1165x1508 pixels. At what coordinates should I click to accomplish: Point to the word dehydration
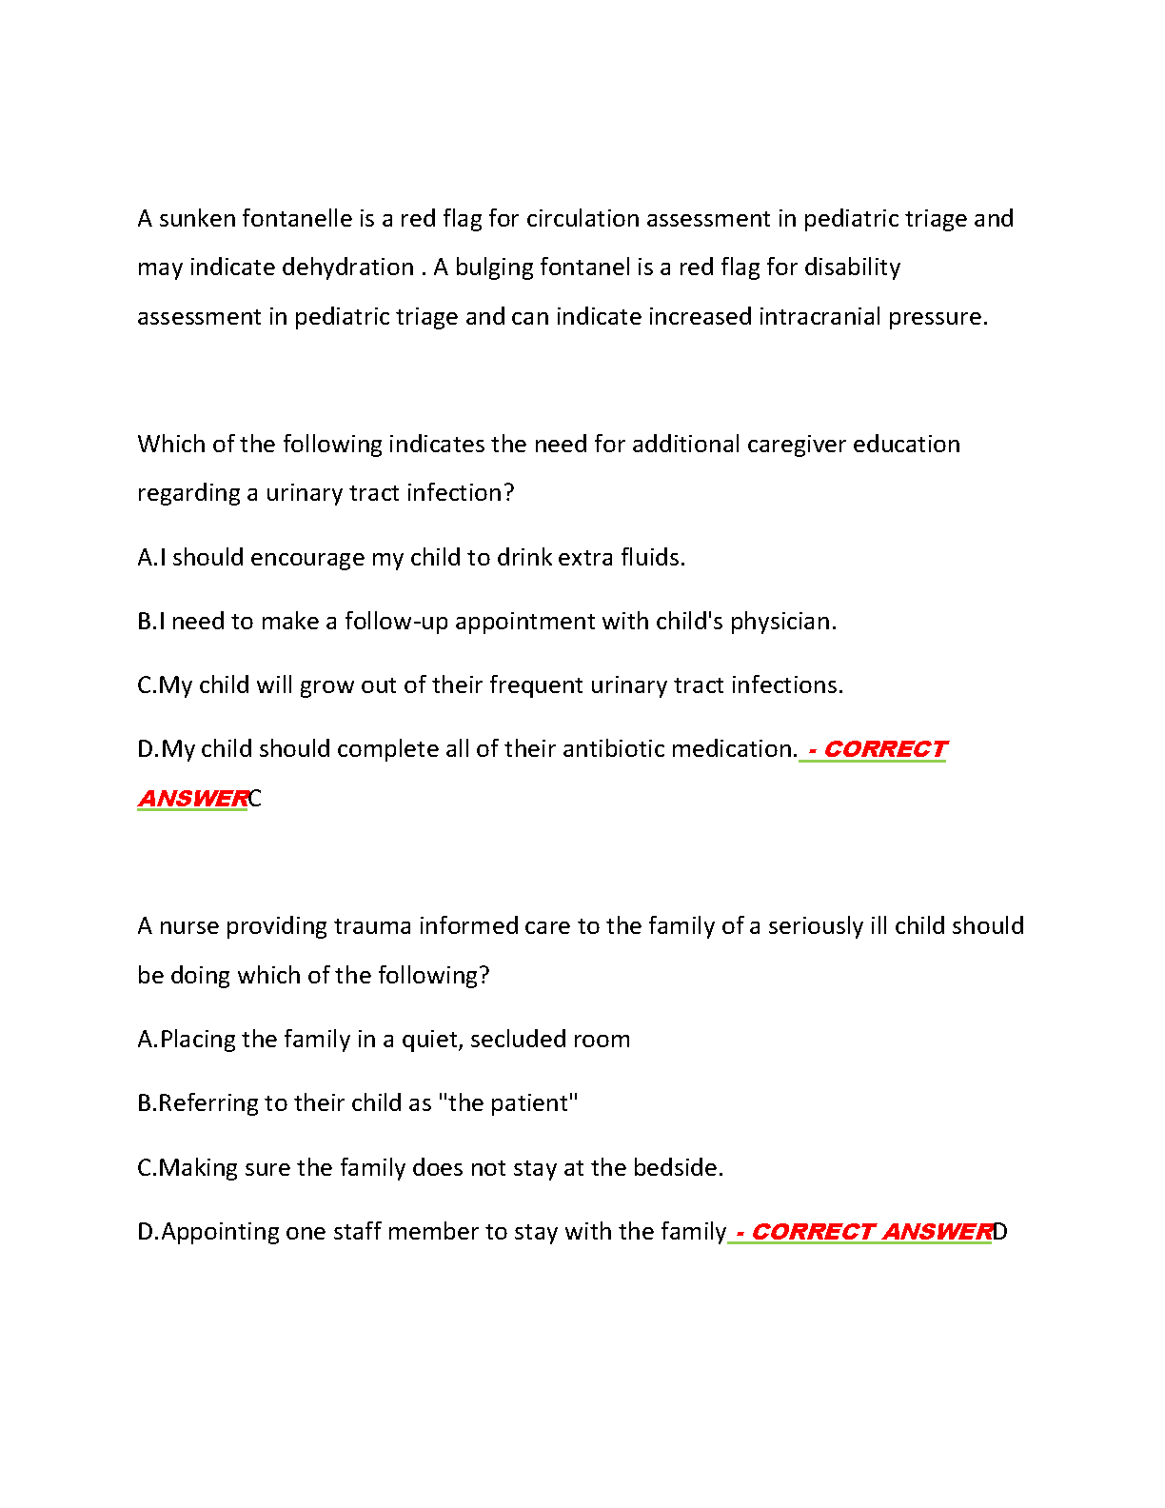pyautogui.click(x=348, y=268)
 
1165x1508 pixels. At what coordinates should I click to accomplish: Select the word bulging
pyautogui.click(x=494, y=268)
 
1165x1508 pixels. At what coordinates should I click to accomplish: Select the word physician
pyautogui.click(x=782, y=622)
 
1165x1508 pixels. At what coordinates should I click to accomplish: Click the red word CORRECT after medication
pyautogui.click(x=885, y=749)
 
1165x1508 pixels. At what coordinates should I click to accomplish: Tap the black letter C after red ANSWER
pyautogui.click(x=255, y=799)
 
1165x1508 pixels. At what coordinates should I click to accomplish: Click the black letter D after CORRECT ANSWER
pyautogui.click(x=1000, y=1232)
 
